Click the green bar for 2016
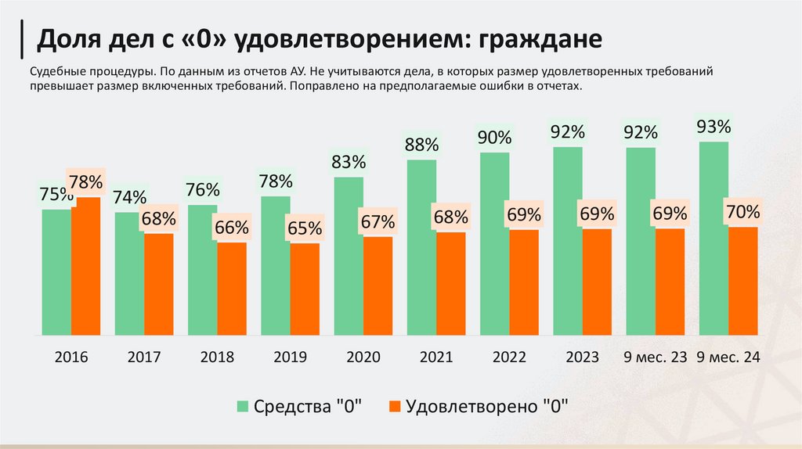(56, 272)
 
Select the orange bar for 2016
(85, 266)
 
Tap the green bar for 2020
(349, 257)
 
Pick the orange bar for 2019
(305, 289)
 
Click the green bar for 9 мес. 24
(713, 239)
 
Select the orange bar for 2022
(524, 282)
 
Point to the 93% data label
(713, 127)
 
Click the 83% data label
(349, 163)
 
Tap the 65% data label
(305, 229)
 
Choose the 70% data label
(742, 211)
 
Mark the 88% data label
(421, 145)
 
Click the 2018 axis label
(217, 357)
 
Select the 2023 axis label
(582, 357)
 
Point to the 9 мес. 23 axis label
(655, 357)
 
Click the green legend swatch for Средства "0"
(244, 406)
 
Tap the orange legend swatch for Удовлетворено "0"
(395, 406)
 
